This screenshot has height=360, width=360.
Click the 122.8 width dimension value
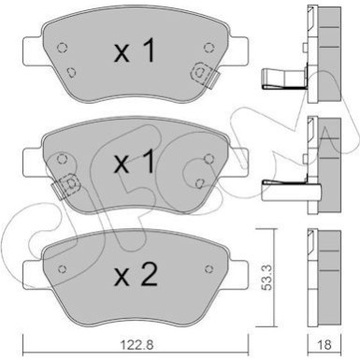click(137, 345)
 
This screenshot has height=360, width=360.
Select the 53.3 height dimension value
click(267, 279)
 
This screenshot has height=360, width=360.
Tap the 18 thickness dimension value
click(324, 345)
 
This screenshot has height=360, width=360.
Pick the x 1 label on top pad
click(135, 51)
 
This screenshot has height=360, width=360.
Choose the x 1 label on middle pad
click(135, 161)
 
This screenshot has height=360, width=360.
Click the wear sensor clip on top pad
click(205, 76)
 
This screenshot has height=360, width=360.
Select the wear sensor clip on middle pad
click(66, 186)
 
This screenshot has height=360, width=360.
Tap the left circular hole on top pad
click(63, 48)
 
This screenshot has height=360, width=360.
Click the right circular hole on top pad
click(209, 48)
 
